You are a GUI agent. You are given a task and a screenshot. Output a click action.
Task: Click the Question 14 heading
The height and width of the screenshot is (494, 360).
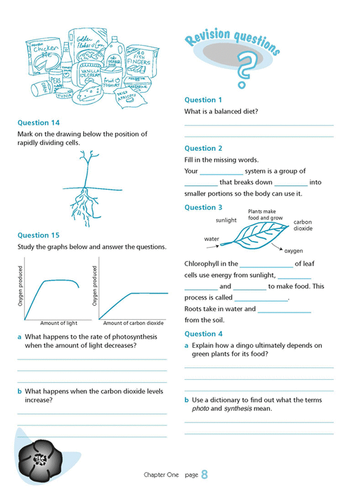(x=38, y=123)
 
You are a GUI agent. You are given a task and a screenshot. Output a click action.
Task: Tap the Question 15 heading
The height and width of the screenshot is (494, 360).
(x=38, y=235)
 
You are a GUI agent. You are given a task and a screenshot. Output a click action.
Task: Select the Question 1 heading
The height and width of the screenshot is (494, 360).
(x=204, y=100)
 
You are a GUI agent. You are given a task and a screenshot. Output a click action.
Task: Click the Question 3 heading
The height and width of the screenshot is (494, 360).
(x=204, y=208)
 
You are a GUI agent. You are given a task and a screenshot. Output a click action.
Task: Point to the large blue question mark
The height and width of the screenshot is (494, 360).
(x=243, y=68)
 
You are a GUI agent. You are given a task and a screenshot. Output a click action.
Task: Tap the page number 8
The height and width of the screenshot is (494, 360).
(x=204, y=475)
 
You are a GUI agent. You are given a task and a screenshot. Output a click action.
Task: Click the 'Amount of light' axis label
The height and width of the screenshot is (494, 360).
(x=58, y=324)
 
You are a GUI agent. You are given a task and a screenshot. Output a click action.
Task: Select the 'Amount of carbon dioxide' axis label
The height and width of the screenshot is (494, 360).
(x=133, y=324)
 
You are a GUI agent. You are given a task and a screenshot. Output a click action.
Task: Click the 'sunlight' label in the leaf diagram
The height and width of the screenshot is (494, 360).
(x=226, y=221)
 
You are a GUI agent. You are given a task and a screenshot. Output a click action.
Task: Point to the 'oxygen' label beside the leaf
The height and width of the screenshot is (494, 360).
(x=294, y=251)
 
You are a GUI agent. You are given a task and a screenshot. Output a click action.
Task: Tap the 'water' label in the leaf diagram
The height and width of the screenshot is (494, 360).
(x=211, y=239)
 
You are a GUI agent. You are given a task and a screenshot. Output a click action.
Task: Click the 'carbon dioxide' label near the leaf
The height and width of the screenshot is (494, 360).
(x=303, y=225)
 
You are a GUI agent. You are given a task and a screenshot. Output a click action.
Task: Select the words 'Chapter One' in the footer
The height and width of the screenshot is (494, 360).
(x=161, y=475)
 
